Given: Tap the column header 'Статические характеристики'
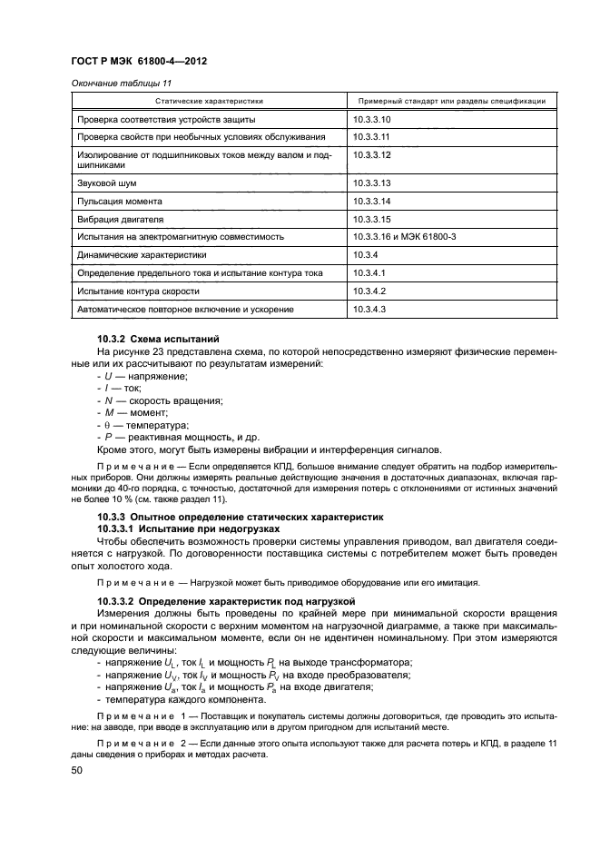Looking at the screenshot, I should (x=209, y=101).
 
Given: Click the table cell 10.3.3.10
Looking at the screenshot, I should (x=372, y=120).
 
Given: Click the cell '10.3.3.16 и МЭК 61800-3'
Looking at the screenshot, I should (x=409, y=237).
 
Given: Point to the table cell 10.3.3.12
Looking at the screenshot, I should (x=372, y=155).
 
